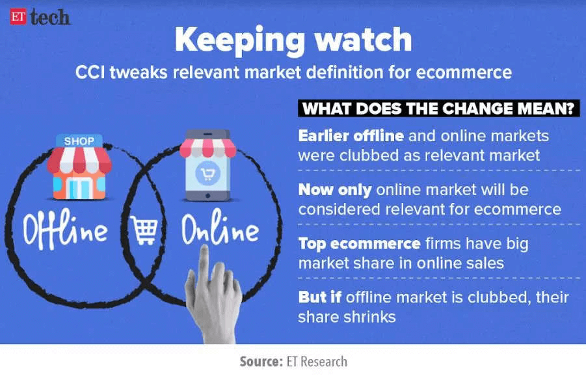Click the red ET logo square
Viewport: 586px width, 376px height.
(x=18, y=17)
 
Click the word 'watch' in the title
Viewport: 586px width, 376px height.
(x=364, y=39)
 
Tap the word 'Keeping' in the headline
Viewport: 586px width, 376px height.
(x=240, y=41)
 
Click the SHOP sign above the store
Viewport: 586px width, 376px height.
(x=79, y=141)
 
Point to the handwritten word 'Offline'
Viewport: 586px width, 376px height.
(x=65, y=229)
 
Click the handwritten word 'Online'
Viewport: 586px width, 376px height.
(x=220, y=226)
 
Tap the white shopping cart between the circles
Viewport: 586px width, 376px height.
(x=144, y=230)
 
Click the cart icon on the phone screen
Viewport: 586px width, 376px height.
(x=207, y=174)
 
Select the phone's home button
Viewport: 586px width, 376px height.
(x=207, y=196)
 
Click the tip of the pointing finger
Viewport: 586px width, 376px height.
(x=204, y=247)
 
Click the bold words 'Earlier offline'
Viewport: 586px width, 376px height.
(x=351, y=136)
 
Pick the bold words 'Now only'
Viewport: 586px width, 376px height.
(x=335, y=190)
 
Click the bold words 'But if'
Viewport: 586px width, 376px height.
(x=319, y=297)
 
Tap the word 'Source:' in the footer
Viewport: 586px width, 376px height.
(x=261, y=362)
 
